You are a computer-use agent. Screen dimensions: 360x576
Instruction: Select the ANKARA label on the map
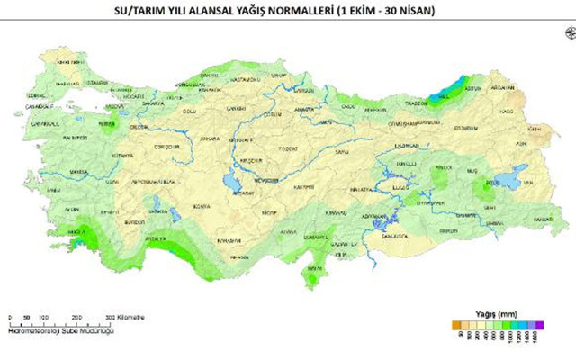(x=210, y=139)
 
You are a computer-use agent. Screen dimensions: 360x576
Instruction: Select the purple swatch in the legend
(x=538, y=323)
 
